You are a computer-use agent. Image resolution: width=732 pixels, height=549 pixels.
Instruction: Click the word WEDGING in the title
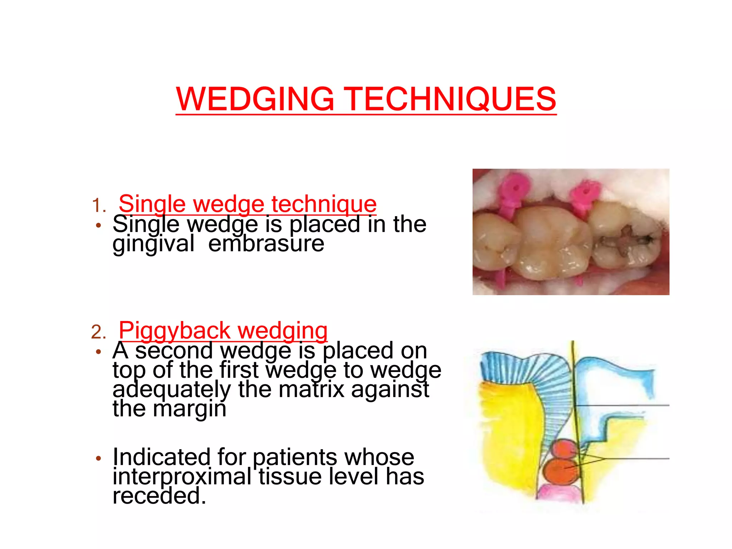255,99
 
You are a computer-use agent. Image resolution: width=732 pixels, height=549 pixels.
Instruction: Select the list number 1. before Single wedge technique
99,206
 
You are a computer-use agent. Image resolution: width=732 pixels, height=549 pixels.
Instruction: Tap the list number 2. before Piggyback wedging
99,332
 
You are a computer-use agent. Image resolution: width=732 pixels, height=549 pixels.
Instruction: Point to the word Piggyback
174,330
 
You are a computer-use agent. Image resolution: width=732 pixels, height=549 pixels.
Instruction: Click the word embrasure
266,244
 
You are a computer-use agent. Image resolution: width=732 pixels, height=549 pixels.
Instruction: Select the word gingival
154,244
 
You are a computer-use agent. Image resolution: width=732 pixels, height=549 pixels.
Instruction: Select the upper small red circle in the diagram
565,450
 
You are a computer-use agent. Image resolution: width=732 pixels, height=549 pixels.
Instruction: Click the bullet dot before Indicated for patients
99,458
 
